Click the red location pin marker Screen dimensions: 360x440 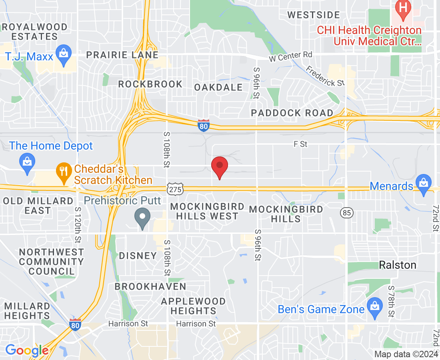pyautogui.click(x=220, y=167)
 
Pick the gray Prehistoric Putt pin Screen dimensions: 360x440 pyautogui.click(x=142, y=218)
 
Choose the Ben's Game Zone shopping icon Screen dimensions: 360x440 pyautogui.click(x=374, y=308)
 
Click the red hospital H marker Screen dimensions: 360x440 pyautogui.click(x=403, y=9)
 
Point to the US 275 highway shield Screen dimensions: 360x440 pyautogui.click(x=175, y=189)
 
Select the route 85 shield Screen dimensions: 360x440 pyautogui.click(x=347, y=213)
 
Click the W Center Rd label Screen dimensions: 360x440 pyautogui.click(x=290, y=56)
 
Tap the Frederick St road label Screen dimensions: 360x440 pyautogui.click(x=325, y=76)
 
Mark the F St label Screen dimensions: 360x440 pyautogui.click(x=300, y=144)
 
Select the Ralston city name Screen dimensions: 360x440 pyautogui.click(x=397, y=265)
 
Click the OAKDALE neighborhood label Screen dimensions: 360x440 pyautogui.click(x=218, y=87)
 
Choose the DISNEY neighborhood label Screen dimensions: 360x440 pyautogui.click(x=138, y=256)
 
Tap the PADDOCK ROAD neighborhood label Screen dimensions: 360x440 pyautogui.click(x=292, y=113)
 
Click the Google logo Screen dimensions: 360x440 pyautogui.click(x=27, y=350)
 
